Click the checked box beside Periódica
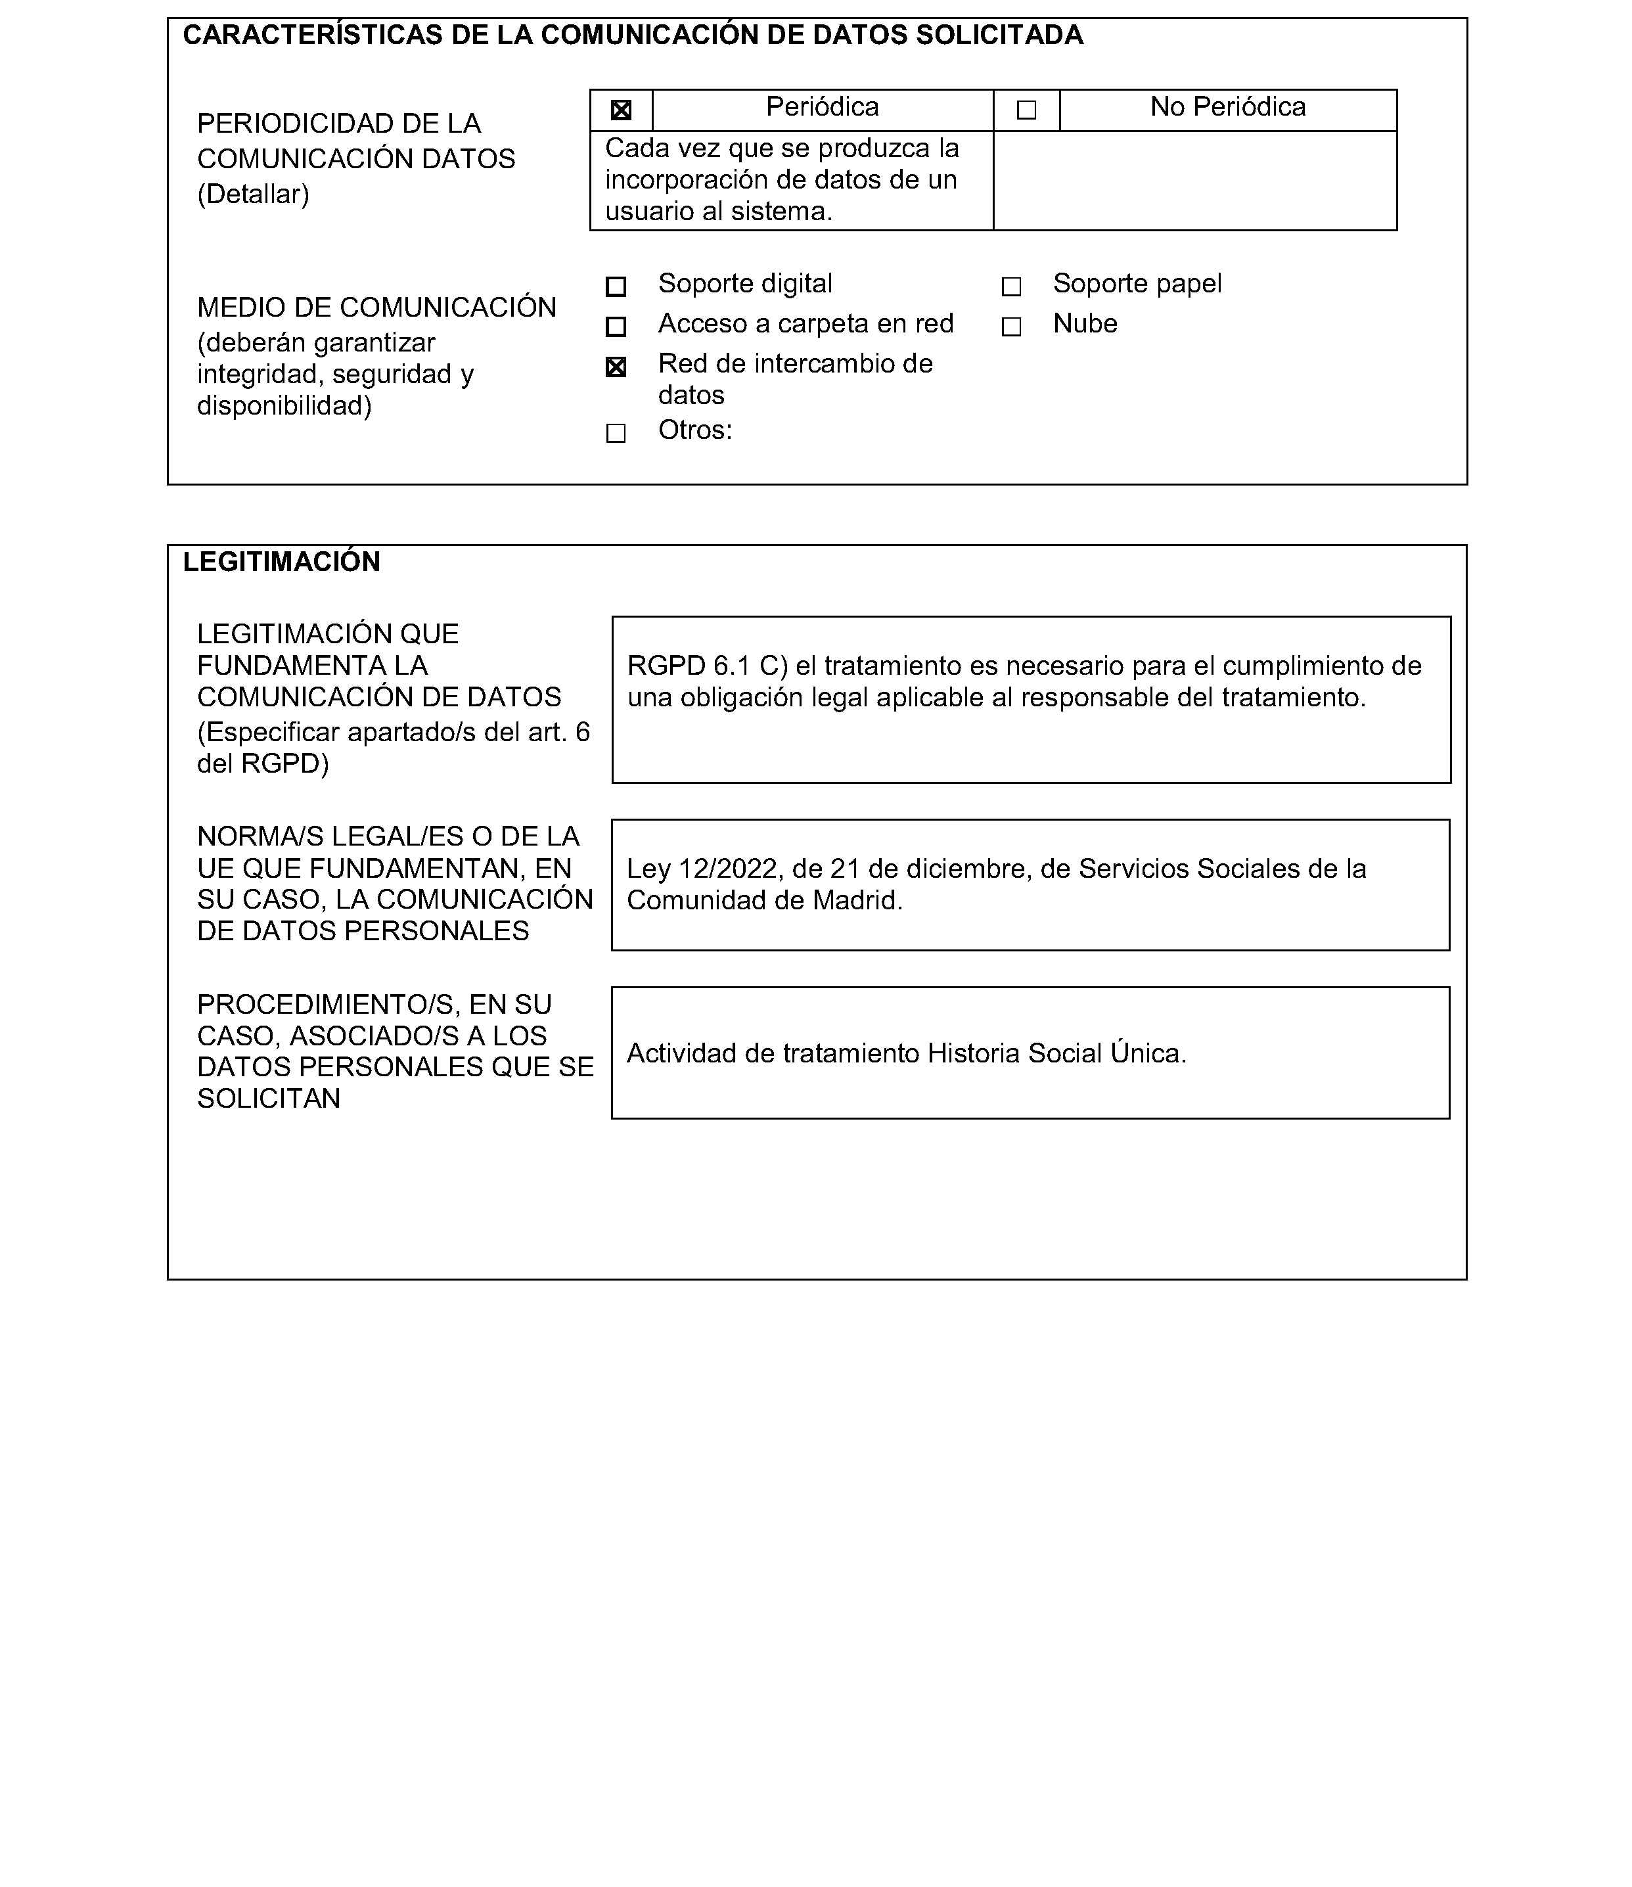[x=620, y=110]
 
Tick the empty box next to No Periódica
[x=1026, y=110]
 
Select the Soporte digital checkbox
[x=616, y=287]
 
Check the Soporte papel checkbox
[x=1011, y=287]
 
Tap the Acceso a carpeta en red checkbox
[x=616, y=326]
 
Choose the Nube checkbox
[x=1011, y=326]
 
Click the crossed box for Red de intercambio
[x=616, y=367]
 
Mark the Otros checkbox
[x=616, y=432]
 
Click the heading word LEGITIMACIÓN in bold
[x=281, y=562]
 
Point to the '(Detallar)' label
[x=253, y=194]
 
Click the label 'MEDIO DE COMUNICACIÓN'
[x=376, y=308]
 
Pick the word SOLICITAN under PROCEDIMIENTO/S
[x=269, y=1099]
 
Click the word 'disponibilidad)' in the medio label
[x=284, y=405]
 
